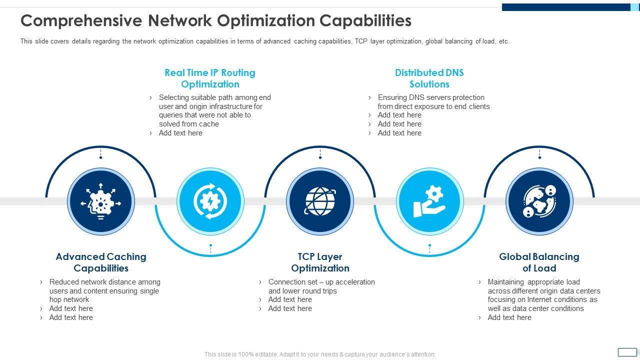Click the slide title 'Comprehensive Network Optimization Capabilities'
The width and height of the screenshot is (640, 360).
216,20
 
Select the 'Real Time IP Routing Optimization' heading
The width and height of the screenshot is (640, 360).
210,78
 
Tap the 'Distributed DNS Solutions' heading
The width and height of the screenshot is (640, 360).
429,78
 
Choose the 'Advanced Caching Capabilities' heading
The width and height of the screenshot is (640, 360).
101,262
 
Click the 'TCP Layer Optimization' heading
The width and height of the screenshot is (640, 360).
320,262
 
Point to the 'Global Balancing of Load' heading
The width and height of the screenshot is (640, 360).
539,262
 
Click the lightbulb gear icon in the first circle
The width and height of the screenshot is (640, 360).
101,201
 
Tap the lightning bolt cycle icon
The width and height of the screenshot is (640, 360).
210,201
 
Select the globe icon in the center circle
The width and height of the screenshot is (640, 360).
320,201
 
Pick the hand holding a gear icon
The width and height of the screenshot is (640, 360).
429,201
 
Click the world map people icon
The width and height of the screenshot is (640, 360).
539,201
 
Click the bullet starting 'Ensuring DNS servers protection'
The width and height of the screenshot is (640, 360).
433,102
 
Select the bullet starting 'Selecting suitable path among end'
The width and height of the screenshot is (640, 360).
214,110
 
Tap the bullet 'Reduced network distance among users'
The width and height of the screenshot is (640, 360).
104,290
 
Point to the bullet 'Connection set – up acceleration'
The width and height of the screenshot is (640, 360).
321,286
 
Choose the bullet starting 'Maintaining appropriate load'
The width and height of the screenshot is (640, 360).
543,295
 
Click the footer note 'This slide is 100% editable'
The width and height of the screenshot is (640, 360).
320,354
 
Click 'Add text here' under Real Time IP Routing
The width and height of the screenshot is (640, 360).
180,133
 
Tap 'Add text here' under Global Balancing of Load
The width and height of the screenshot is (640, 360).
509,317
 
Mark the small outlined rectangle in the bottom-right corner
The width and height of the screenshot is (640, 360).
627,352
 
